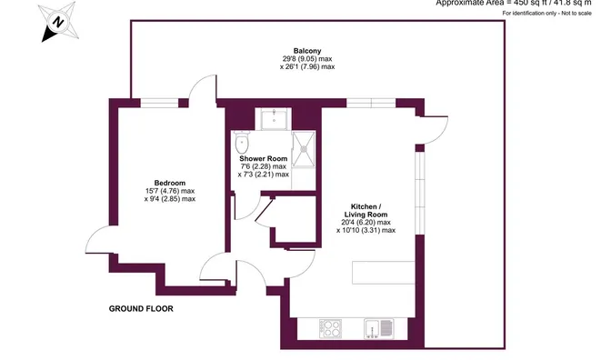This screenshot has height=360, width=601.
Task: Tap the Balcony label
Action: pyautogui.click(x=306, y=50)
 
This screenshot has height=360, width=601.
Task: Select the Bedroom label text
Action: pyautogui.click(x=169, y=183)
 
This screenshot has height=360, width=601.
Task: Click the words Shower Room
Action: pyautogui.click(x=263, y=158)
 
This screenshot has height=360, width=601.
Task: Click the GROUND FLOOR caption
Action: pyautogui.click(x=141, y=309)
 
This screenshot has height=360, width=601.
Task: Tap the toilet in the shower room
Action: pyautogui.click(x=241, y=145)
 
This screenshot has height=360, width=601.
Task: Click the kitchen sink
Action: pyautogui.click(x=377, y=328)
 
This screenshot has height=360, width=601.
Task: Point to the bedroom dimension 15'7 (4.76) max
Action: pyautogui.click(x=169, y=191)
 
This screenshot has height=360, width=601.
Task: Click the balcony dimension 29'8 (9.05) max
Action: pyautogui.click(x=306, y=58)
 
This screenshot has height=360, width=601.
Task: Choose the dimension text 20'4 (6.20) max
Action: pyautogui.click(x=366, y=222)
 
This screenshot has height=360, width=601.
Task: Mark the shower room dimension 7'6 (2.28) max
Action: pyautogui.click(x=263, y=166)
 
